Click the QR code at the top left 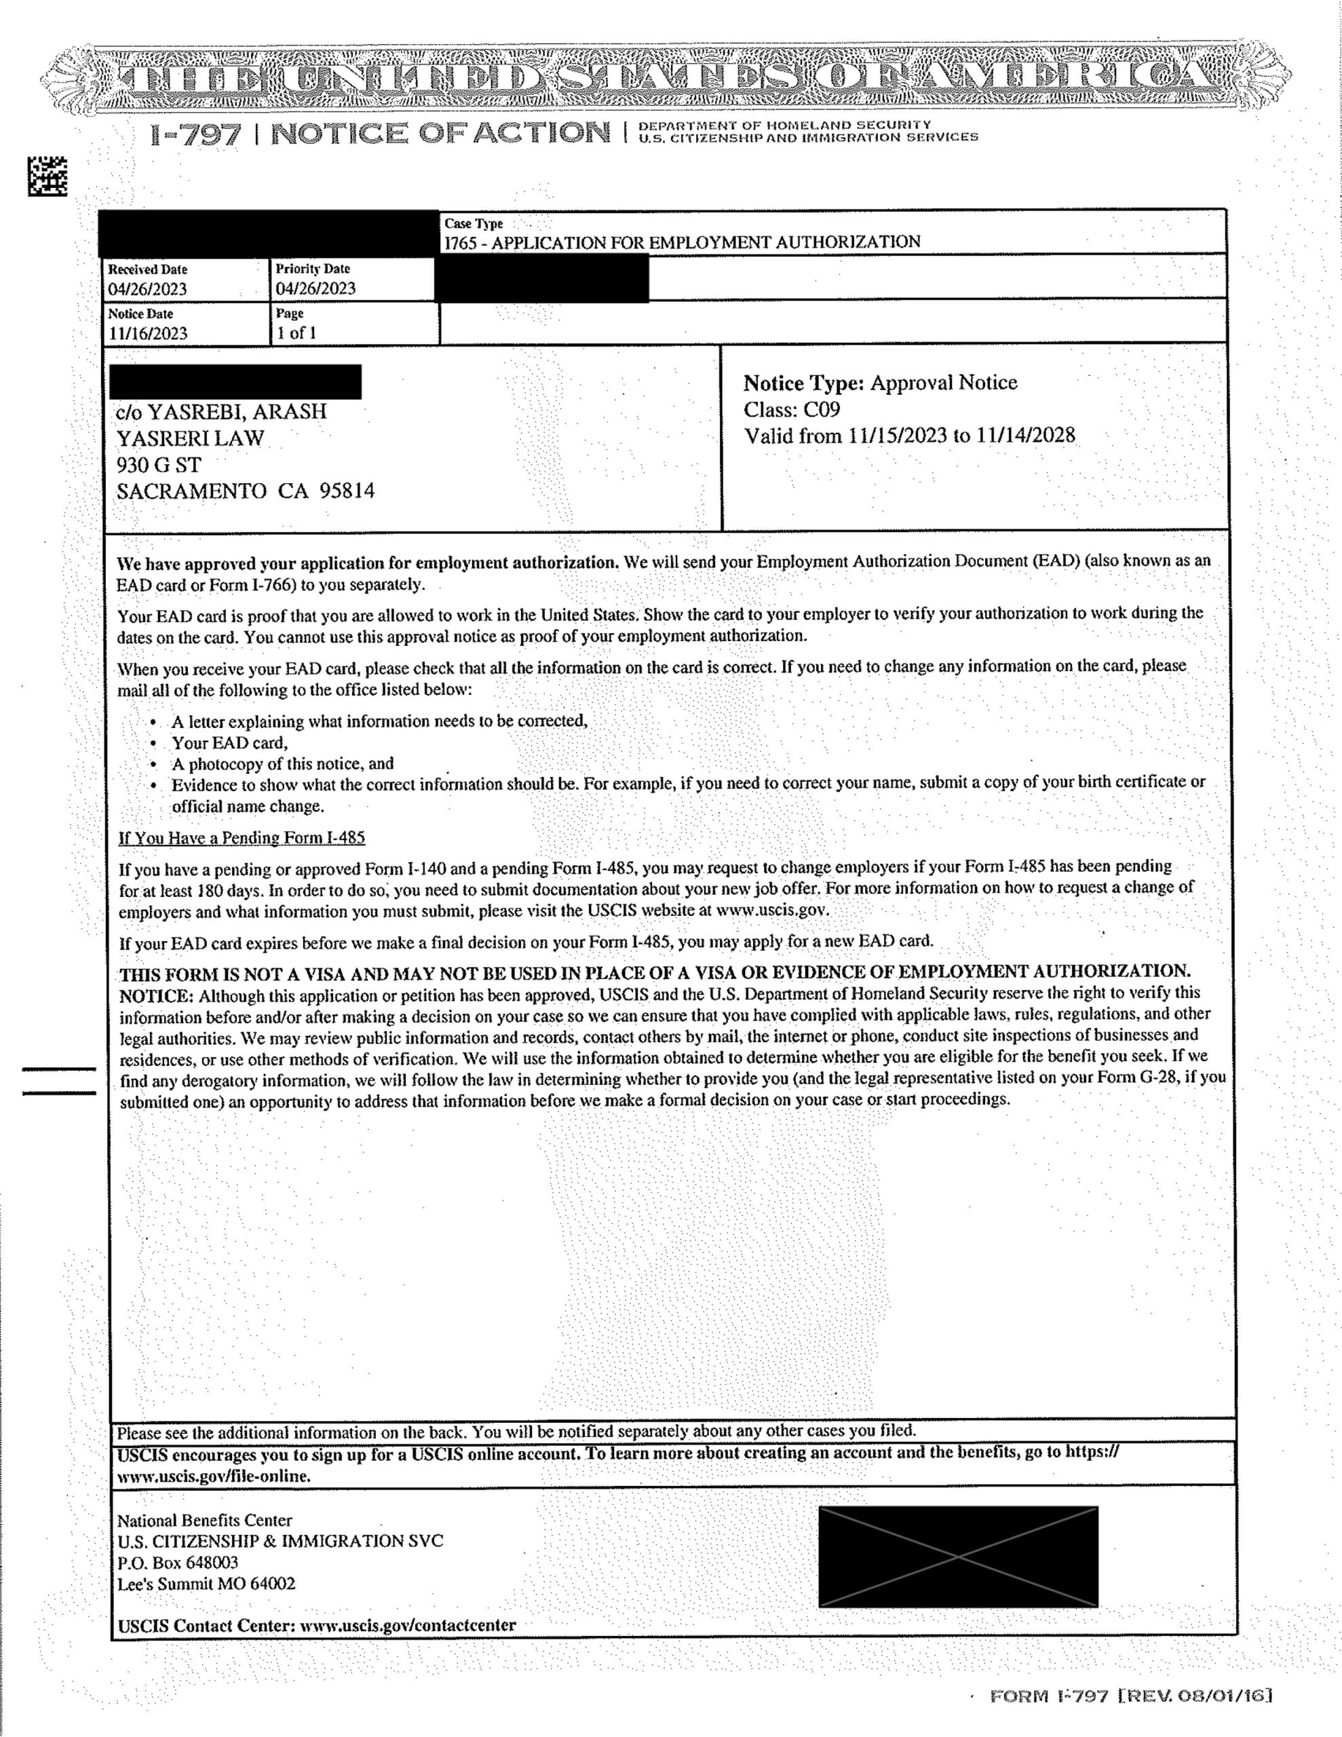(x=47, y=176)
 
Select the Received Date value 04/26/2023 (x=147, y=288)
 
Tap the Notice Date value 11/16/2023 (x=148, y=333)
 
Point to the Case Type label (x=474, y=225)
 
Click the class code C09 (x=822, y=410)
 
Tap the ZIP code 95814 (x=347, y=491)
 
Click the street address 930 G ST (x=159, y=465)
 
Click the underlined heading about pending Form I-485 (x=242, y=837)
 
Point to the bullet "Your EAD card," (x=229, y=743)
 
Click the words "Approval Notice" (x=944, y=383)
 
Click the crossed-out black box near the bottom (x=958, y=1556)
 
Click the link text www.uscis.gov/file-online (x=214, y=1475)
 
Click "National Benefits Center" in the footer (x=204, y=1520)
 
